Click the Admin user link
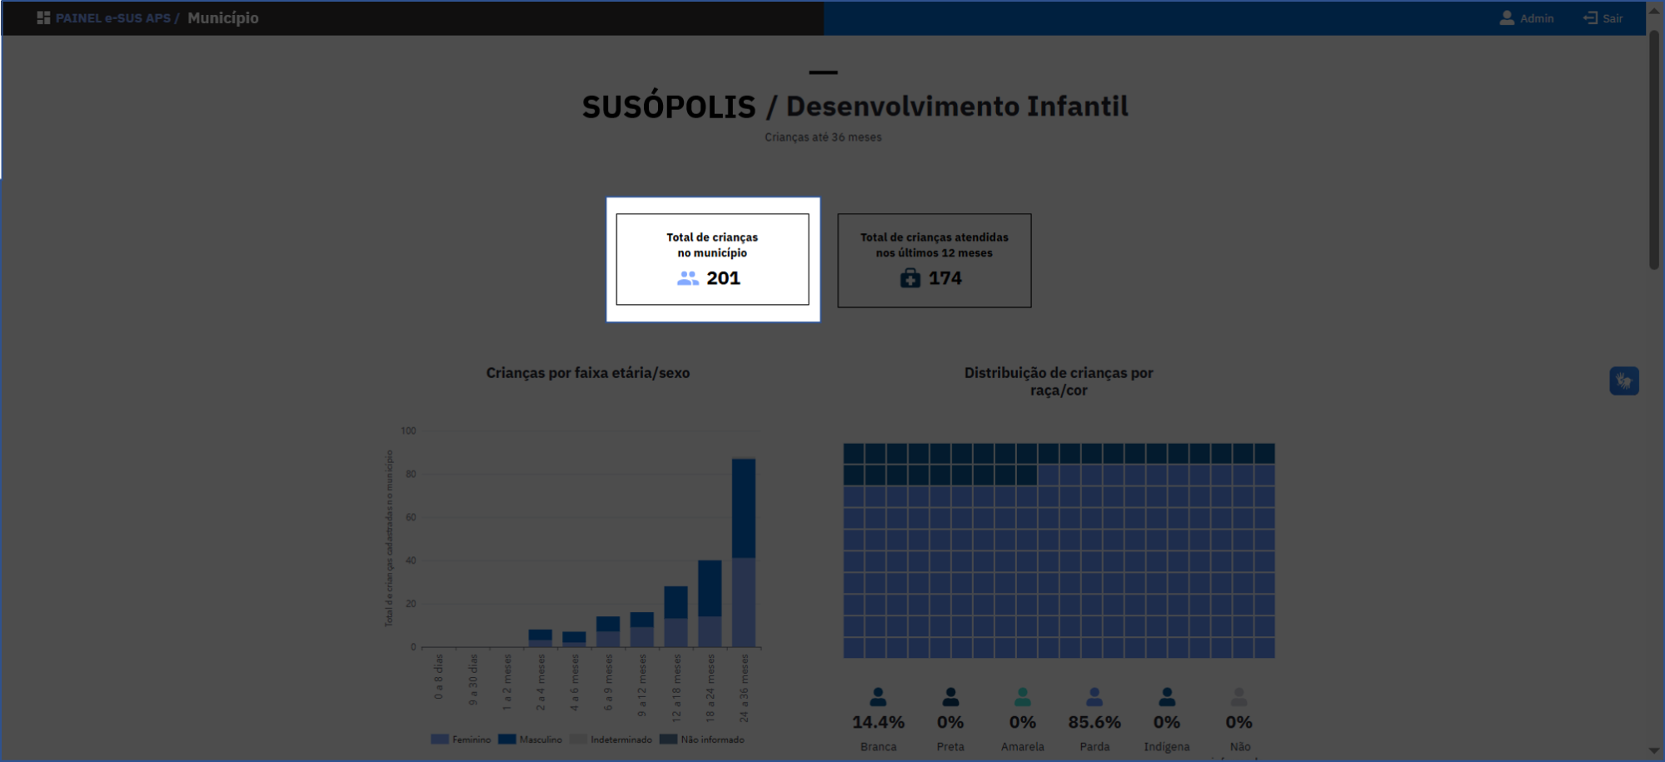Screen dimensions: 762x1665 [1527, 18]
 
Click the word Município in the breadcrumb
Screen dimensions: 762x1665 [222, 18]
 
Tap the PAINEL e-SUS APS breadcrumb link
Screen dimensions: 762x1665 [112, 18]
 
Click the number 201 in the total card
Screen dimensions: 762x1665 [723, 278]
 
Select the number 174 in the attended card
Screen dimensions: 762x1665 [945, 278]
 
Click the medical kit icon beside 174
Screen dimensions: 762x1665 [910, 278]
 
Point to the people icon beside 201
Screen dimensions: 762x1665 [688, 278]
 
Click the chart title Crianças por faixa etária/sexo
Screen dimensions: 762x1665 [587, 373]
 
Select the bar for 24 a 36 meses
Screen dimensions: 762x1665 [744, 552]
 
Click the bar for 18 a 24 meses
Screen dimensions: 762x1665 [710, 603]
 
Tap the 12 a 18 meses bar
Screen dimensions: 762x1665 [675, 616]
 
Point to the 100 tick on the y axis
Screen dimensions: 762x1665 [408, 431]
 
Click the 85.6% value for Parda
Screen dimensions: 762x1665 [1094, 722]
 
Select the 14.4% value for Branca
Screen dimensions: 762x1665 [878, 722]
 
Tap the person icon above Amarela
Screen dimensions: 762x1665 [1023, 697]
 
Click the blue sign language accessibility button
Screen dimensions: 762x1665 [1623, 381]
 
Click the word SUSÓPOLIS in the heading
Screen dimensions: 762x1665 [669, 107]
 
